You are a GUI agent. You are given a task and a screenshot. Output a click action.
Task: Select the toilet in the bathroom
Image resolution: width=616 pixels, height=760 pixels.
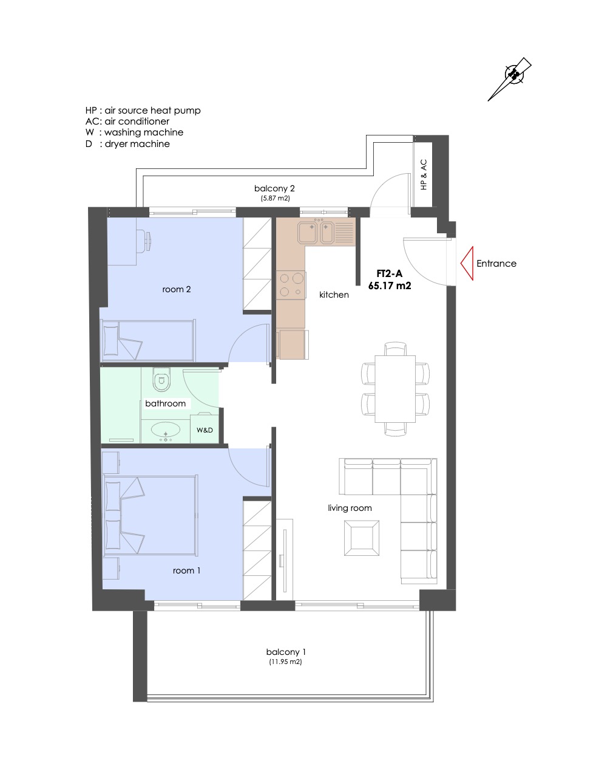pos(161,379)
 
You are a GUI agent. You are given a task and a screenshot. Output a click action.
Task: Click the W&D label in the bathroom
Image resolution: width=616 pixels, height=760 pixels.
pos(205,430)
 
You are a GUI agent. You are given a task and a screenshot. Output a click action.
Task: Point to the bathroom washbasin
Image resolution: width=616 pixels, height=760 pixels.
pos(166,430)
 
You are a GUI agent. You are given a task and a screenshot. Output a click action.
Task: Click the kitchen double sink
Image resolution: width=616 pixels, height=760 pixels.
pos(326,232)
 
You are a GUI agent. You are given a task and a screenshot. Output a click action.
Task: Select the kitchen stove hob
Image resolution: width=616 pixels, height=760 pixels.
pos(291,285)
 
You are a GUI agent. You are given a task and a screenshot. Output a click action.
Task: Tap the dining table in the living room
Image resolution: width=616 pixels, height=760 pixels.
pos(395,389)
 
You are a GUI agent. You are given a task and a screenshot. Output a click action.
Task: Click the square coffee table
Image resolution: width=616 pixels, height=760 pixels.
pos(362,538)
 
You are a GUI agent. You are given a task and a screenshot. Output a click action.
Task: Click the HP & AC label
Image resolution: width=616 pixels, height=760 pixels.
pos(424,174)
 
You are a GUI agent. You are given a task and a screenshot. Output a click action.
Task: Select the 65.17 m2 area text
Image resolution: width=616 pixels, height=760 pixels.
pos(390,286)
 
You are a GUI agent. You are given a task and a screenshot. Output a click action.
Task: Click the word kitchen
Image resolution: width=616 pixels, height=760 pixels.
pos(334,295)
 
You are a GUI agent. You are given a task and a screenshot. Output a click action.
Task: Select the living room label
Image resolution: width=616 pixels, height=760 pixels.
pos(350,508)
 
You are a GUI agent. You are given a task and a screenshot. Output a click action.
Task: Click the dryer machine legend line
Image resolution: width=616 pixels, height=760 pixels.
pos(127,144)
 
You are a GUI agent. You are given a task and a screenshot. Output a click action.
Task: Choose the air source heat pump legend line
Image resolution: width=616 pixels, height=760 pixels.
pos(143,111)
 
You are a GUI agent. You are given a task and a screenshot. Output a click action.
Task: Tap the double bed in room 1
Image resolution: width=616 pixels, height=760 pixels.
pos(150,515)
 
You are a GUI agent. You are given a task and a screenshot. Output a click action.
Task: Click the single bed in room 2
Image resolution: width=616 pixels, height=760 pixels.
pos(148,340)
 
